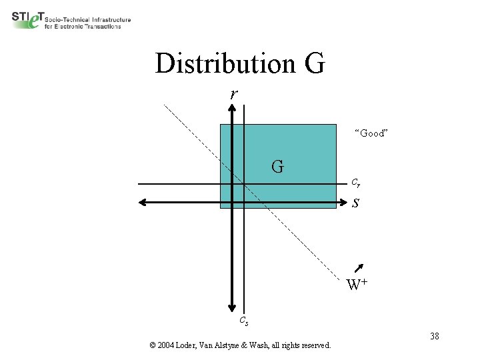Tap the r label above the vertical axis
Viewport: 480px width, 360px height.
233,94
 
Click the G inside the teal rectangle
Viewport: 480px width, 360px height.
277,166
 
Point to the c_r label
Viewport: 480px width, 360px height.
356,182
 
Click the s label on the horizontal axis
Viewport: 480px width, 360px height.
356,203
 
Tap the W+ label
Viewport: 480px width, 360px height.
357,285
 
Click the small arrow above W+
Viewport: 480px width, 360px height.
360,269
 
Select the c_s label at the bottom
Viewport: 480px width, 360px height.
244,321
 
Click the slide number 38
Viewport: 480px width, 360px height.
434,336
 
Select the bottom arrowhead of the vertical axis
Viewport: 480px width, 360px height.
231,306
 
